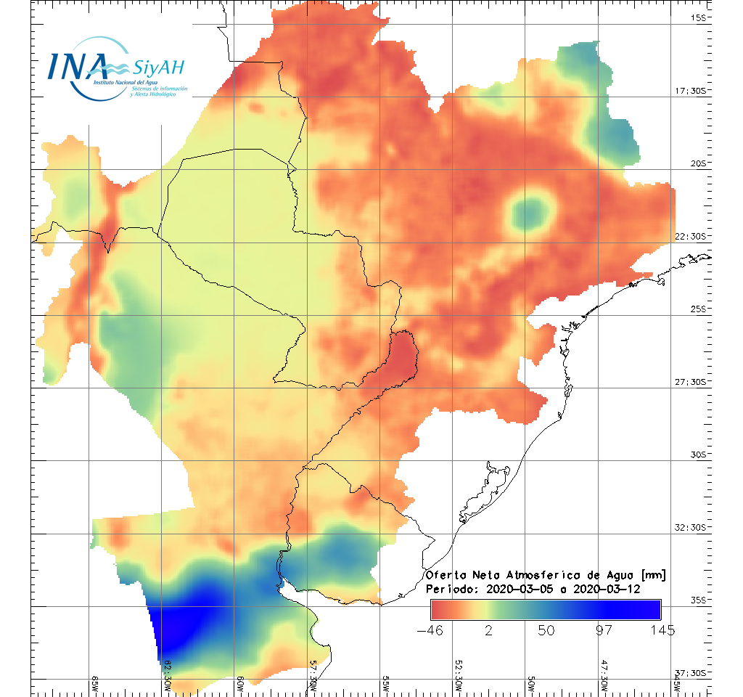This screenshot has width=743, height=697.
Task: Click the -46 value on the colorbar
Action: [x=432, y=630]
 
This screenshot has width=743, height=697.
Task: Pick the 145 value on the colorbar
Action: [x=660, y=630]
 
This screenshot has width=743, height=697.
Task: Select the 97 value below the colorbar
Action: [x=604, y=630]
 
